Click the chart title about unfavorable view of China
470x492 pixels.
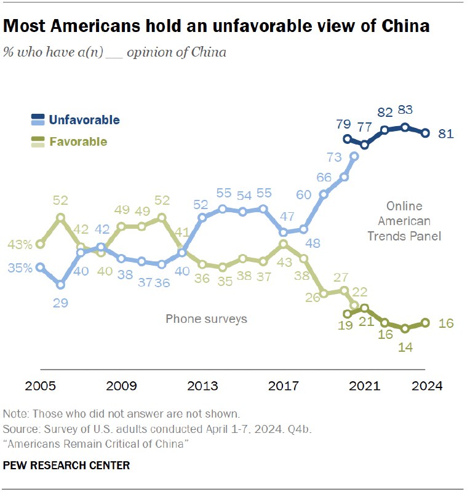[x=216, y=28]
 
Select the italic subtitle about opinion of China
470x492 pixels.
[x=115, y=52]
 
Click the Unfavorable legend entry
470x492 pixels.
[x=84, y=120]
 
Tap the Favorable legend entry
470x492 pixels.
[x=78, y=142]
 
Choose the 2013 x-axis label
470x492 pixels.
[x=202, y=386]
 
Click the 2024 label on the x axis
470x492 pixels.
[x=426, y=386]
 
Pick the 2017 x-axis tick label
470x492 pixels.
[x=283, y=386]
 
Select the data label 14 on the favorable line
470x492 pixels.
[x=405, y=347]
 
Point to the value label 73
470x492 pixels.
[x=335, y=157]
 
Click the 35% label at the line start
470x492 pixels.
[x=20, y=268]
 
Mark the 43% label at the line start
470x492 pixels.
[x=20, y=244]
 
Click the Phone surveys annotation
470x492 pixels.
[x=206, y=319]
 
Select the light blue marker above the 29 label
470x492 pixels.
[x=60, y=285]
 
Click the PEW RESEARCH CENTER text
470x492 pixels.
[x=66, y=466]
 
